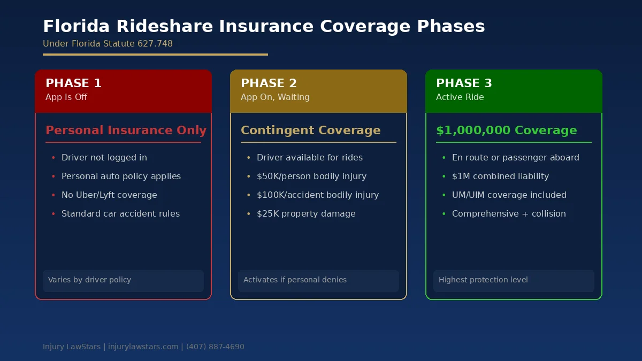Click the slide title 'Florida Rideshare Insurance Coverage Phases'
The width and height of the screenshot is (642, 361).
[264, 26]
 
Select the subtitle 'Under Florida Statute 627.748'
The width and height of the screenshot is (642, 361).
[108, 44]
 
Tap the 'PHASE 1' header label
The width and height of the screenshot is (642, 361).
[73, 83]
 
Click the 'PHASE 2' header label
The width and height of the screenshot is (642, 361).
[269, 83]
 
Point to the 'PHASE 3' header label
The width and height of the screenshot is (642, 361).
[464, 83]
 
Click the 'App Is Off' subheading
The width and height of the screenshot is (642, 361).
[66, 97]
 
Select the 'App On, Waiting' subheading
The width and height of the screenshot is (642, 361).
[275, 97]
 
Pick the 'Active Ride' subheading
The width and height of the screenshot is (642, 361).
[460, 97]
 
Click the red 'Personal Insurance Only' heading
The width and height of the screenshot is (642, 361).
[126, 130]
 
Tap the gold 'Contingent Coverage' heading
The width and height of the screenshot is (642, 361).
[310, 130]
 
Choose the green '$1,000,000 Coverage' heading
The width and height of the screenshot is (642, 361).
[506, 130]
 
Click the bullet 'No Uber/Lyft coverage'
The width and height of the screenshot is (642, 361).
[109, 195]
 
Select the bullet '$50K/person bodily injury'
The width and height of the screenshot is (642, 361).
[311, 176]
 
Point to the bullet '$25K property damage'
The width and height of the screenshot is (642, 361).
[306, 214]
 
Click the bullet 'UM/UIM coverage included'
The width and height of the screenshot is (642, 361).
[509, 195]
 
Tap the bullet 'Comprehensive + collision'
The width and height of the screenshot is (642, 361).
[509, 214]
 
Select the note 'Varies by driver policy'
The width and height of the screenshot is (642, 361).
[89, 280]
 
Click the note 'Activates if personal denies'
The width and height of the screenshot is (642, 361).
[295, 280]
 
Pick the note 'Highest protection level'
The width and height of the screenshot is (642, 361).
[483, 280]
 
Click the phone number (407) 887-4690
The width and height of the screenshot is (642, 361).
[215, 347]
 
